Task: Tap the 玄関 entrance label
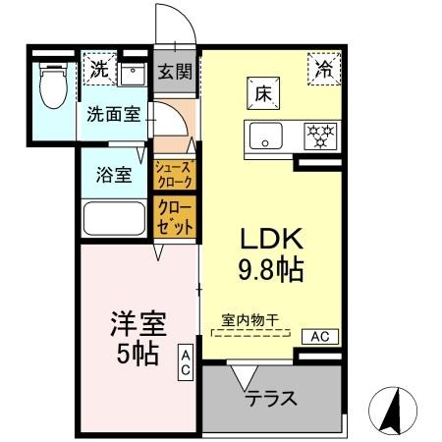click(175, 73)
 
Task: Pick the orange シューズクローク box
click(175, 174)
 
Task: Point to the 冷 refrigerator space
click(323, 68)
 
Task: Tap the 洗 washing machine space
click(99, 70)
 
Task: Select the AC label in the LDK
click(318, 336)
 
